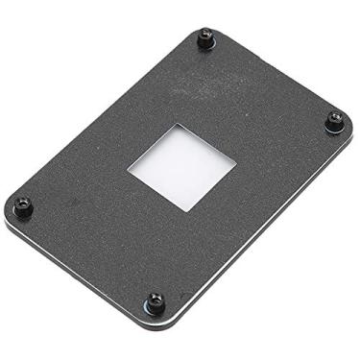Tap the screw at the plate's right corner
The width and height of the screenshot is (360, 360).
tap(333, 121)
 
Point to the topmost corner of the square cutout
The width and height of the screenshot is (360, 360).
tap(176, 125)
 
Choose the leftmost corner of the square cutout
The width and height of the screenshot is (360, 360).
tap(128, 170)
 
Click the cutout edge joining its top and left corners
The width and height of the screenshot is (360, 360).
tap(151, 147)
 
